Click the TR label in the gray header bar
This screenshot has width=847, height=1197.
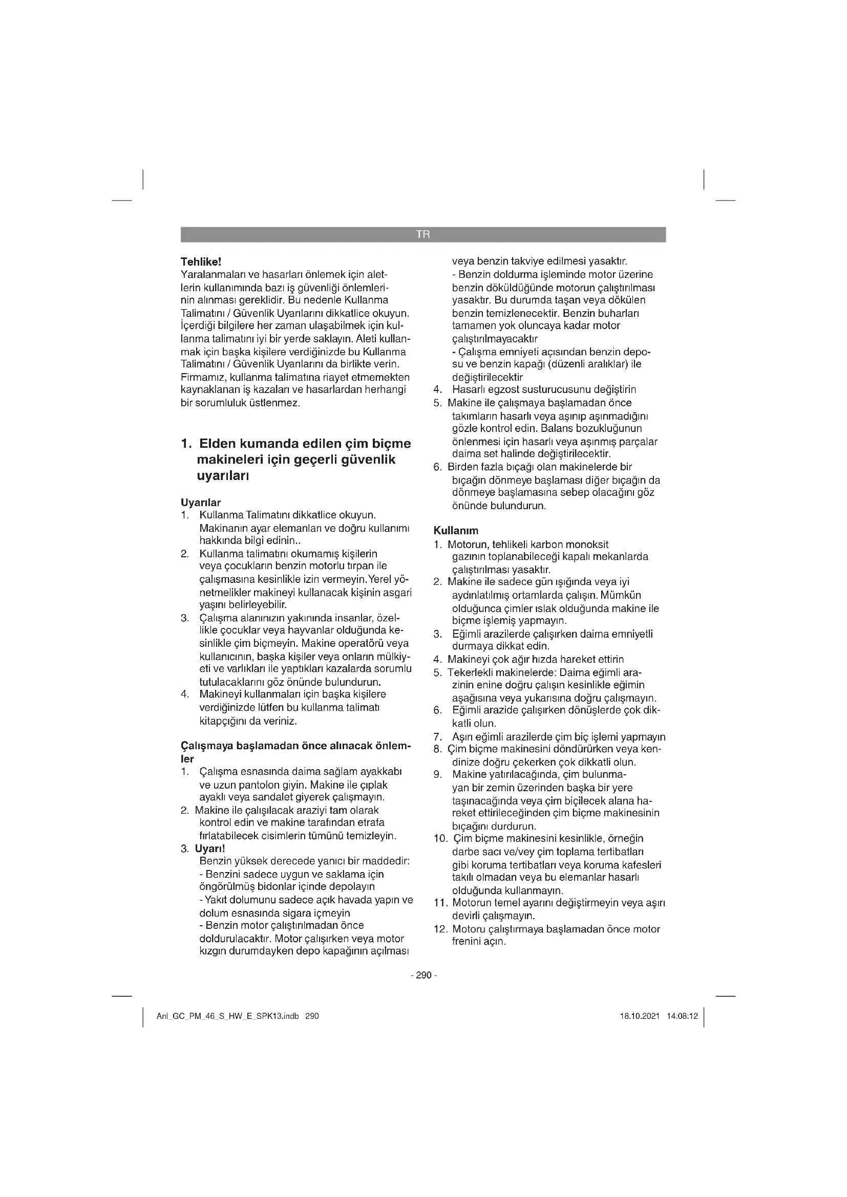tap(423, 234)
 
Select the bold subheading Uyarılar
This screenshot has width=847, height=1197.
tap(201, 503)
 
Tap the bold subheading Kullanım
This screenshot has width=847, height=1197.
tap(456, 531)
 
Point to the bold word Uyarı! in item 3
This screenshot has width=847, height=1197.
tap(209, 848)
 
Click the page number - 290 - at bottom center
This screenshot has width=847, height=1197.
tap(424, 975)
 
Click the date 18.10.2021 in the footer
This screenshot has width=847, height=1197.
tap(640, 1017)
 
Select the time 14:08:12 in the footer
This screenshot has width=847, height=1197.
tap(682, 1017)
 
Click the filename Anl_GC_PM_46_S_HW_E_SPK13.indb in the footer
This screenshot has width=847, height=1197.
tap(228, 1017)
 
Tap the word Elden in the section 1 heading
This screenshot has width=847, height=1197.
tap(219, 444)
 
